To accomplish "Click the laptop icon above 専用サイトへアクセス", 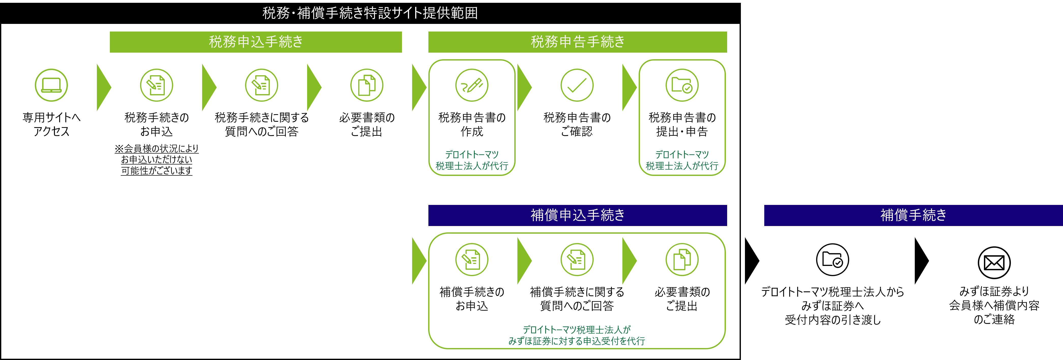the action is [51, 85].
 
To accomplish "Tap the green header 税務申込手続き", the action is [256, 42].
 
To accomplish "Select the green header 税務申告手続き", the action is [578, 42].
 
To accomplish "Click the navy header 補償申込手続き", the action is [578, 215].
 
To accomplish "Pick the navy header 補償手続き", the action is [914, 215].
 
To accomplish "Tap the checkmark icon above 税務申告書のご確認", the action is [577, 85].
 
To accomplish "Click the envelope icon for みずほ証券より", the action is [994, 263].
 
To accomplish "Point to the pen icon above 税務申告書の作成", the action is [472, 85].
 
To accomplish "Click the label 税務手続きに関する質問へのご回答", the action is [262, 124].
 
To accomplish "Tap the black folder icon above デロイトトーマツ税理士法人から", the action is [832, 260].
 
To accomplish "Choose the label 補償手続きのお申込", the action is [472, 298].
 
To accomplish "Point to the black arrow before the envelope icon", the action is [922, 261].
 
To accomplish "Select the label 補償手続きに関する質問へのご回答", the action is [577, 298].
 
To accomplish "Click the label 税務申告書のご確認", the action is [577, 124].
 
